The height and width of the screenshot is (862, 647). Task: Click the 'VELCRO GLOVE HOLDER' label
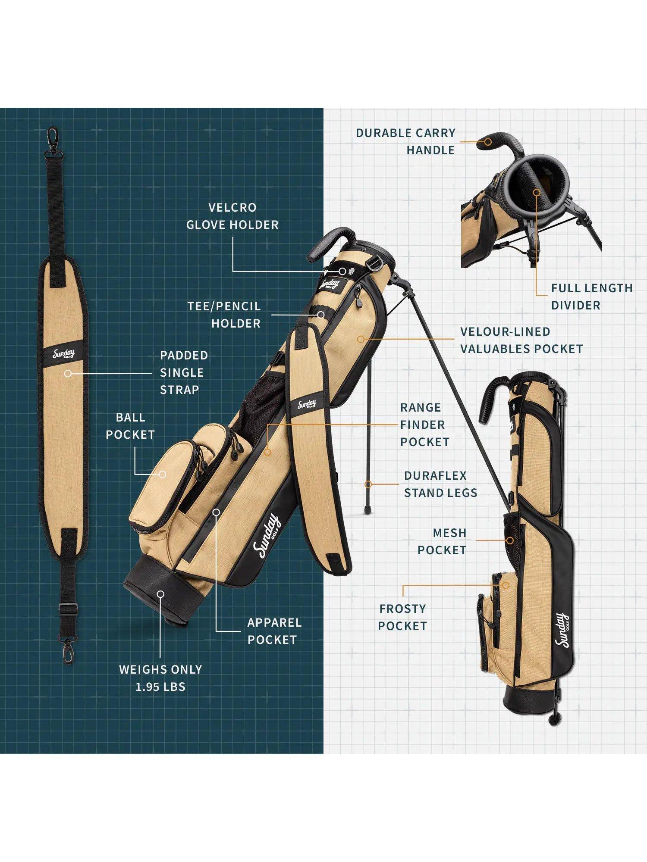coord(232,216)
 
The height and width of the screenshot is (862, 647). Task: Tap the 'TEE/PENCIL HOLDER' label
coord(224,315)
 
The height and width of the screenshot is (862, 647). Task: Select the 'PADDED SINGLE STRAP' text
coord(184,372)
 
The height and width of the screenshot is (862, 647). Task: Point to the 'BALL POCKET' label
coord(130,426)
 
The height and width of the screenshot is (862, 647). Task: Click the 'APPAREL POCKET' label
coord(274,631)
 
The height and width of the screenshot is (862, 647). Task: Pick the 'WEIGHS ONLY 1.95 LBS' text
coord(160,678)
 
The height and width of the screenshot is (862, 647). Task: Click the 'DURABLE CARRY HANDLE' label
coord(405,141)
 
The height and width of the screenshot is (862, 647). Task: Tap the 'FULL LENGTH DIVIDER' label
coord(592,297)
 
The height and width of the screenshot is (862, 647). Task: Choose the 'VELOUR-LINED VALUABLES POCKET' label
coord(521,340)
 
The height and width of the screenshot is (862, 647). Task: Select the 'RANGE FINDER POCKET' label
coord(424,425)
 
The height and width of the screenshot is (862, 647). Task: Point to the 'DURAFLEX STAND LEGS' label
coord(440,484)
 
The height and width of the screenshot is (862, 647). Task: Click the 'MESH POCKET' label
coord(442,541)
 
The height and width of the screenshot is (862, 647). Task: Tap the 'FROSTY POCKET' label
coord(402,617)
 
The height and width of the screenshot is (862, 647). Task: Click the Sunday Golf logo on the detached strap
coord(64,354)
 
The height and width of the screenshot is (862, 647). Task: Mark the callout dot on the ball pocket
coord(163,474)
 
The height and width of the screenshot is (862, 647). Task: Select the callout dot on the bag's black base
coord(160,594)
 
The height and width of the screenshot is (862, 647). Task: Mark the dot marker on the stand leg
coord(368,484)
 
